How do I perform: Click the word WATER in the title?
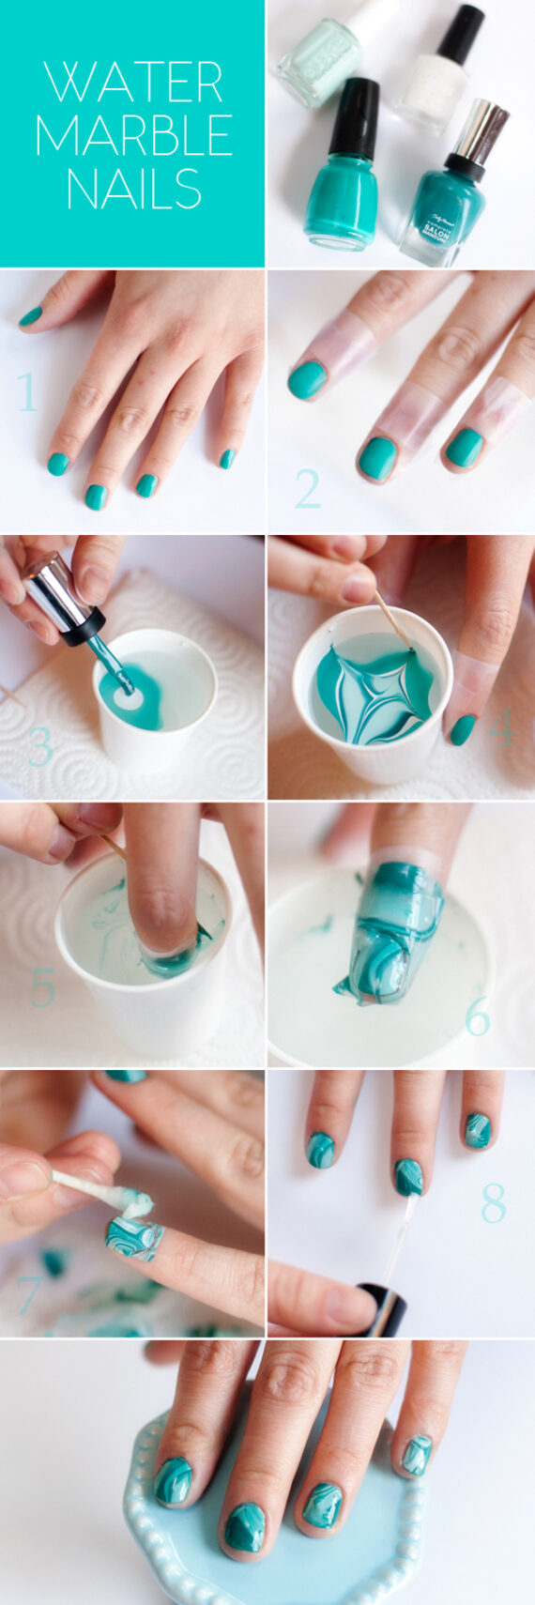point(133,83)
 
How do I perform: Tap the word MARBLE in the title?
point(133,135)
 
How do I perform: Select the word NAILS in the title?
point(133,188)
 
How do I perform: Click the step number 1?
point(27,391)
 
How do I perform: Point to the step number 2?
point(308,489)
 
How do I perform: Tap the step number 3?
point(40,746)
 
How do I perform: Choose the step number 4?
point(502,728)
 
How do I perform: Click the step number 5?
point(43,988)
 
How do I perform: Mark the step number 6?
point(478,1016)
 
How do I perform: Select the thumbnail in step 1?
point(31,317)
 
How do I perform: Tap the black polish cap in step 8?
point(383,1309)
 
